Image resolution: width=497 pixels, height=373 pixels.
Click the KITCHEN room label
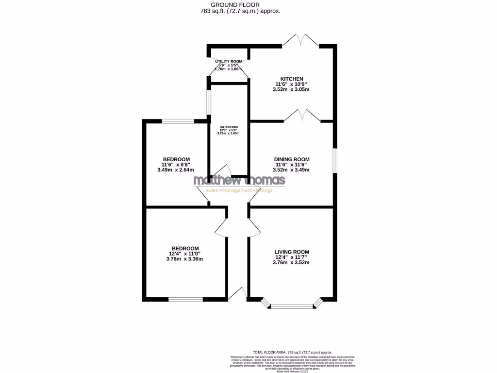[291, 79]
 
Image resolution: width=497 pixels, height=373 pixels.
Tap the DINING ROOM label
[291, 159]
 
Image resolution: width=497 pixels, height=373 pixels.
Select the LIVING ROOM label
[291, 252]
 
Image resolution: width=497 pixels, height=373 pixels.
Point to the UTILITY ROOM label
[229, 61]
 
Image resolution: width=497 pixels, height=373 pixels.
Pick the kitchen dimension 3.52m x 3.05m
[291, 89]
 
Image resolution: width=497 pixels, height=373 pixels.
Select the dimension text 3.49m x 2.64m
[176, 170]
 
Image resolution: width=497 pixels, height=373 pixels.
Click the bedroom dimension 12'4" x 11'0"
[184, 253]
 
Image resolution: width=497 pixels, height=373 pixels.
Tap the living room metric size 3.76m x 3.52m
[291, 262]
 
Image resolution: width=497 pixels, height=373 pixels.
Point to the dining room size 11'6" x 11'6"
[291, 165]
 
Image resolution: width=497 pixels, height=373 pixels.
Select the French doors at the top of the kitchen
[300, 41]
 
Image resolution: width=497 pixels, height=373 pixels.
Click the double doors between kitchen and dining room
[302, 116]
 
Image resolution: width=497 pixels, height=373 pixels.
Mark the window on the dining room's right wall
[334, 160]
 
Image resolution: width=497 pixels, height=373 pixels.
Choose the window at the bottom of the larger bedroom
[185, 299]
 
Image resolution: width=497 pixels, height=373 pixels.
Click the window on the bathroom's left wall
[208, 102]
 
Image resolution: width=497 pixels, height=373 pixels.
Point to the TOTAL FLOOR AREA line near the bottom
[292, 352]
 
